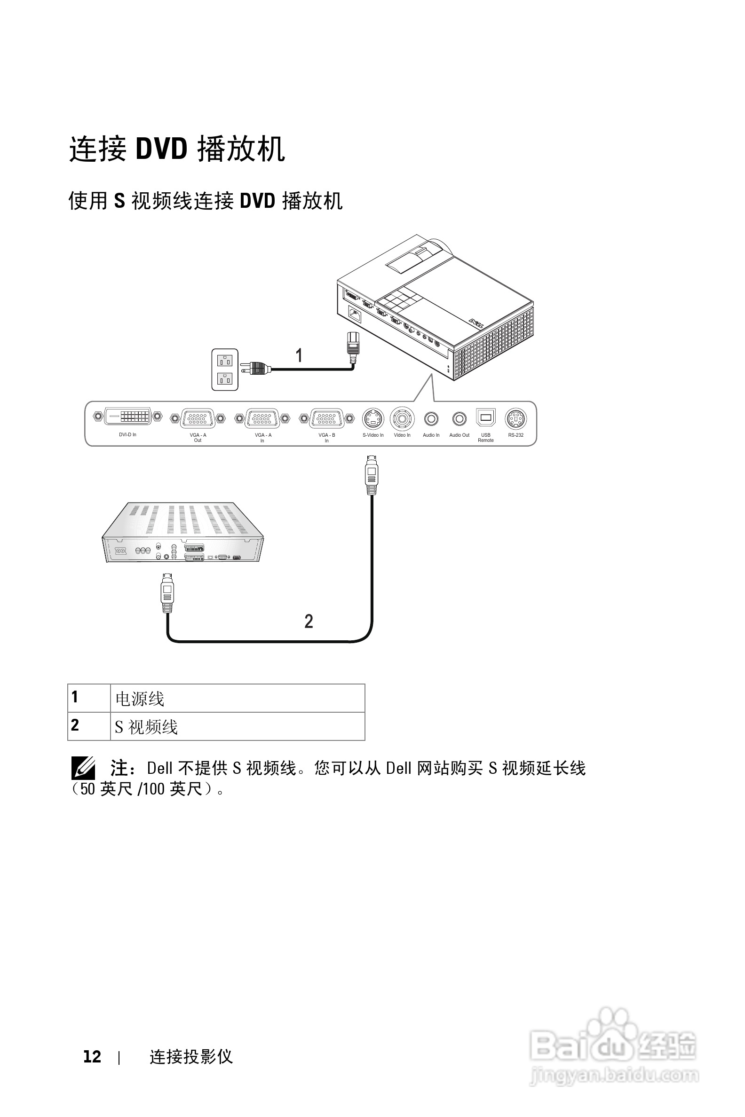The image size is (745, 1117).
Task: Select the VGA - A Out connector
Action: (x=198, y=418)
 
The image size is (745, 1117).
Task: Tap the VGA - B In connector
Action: (x=326, y=418)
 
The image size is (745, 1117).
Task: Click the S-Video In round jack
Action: (x=373, y=419)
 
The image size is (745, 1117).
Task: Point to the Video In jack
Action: (x=402, y=419)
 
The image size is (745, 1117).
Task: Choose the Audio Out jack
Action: (x=459, y=419)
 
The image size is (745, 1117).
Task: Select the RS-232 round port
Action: (x=515, y=419)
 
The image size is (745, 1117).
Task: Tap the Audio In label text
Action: (x=431, y=435)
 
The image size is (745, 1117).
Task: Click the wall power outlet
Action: (x=225, y=370)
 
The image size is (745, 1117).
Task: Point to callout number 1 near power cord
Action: (x=299, y=355)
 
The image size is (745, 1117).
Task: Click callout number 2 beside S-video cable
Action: (x=309, y=621)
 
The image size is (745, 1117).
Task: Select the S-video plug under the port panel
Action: (x=372, y=474)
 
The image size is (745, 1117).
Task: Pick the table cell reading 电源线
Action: (x=237, y=698)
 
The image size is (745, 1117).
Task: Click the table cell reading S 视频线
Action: (x=237, y=726)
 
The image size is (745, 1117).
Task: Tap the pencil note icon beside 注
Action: (x=83, y=768)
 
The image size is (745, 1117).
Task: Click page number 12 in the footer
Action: (x=92, y=1056)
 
